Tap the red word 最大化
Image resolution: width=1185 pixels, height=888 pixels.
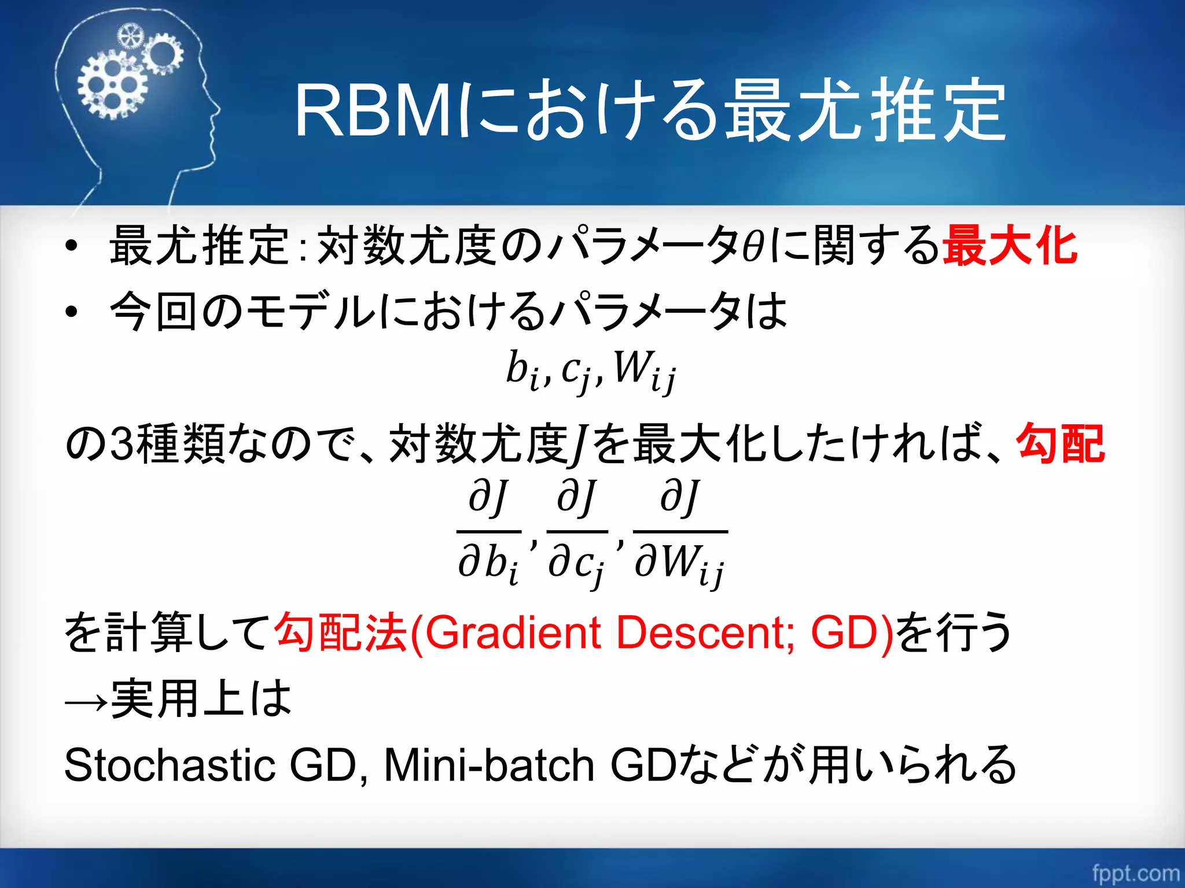(x=1010, y=246)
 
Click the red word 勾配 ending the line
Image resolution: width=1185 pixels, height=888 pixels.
(x=1061, y=443)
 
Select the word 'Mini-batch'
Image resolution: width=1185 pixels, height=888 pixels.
(x=489, y=765)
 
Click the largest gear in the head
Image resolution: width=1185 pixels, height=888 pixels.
(x=112, y=86)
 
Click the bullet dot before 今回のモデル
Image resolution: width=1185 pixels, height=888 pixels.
(x=71, y=312)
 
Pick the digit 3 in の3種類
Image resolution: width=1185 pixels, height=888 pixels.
(x=122, y=444)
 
